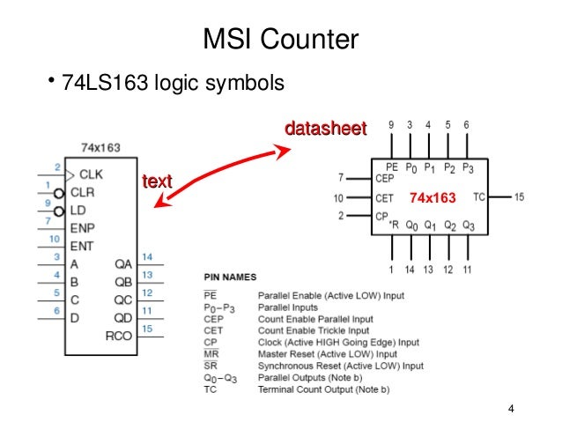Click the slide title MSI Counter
[x=281, y=40]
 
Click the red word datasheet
[x=324, y=129]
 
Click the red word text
[x=158, y=181]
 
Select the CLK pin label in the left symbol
[x=91, y=174]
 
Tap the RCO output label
[x=119, y=336]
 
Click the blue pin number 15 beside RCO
[x=147, y=329]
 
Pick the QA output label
[x=122, y=263]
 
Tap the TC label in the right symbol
[x=479, y=196]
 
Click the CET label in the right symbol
[x=385, y=198]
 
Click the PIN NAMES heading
[x=231, y=277]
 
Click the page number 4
[x=511, y=410]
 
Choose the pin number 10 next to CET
[x=339, y=198]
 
